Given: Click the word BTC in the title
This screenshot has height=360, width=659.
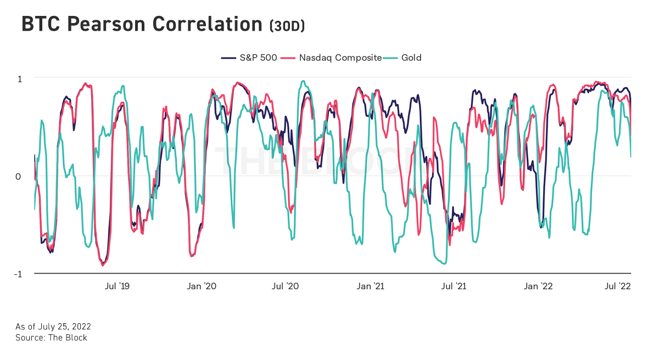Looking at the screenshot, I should click(x=40, y=24).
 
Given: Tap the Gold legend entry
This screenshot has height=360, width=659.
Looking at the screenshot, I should click(x=411, y=58).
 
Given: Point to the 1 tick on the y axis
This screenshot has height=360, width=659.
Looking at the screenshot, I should click(x=20, y=78).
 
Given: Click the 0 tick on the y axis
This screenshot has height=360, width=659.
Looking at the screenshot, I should click(x=20, y=176).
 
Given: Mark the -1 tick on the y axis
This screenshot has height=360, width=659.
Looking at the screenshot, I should click(x=18, y=274).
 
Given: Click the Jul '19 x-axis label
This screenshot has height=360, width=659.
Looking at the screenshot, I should click(x=117, y=286).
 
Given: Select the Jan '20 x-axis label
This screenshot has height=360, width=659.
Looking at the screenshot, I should click(x=202, y=286).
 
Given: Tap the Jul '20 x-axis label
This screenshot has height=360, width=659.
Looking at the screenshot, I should click(x=286, y=286).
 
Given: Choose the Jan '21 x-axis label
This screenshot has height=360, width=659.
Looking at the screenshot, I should click(x=371, y=286).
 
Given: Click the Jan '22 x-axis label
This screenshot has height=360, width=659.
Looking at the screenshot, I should click(x=539, y=286).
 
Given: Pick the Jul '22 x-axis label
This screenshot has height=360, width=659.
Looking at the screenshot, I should click(x=618, y=286).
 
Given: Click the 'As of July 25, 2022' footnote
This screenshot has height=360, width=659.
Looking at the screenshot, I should click(x=53, y=327).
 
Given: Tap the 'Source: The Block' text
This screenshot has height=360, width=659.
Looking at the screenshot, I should click(x=51, y=337).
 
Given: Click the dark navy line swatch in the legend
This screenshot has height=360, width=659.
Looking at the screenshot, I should click(x=228, y=58).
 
